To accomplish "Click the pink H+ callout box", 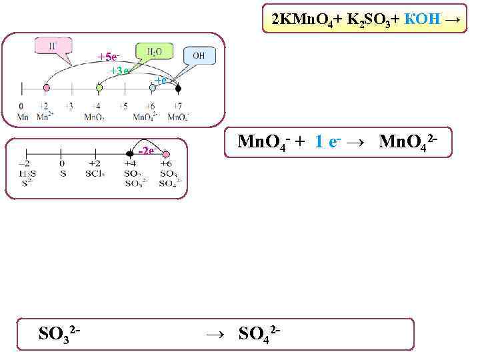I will pos(53,46).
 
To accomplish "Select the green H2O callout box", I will pos(153,51).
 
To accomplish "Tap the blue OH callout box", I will pos(198,55).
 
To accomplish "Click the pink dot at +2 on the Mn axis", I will pos(47,87).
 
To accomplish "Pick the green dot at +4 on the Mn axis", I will pos(99,87).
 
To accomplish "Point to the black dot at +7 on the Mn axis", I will pos(178,87).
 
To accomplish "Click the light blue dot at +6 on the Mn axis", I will pos(153,87).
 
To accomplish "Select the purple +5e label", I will pos(109,57).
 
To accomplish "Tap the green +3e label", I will pos(120,71).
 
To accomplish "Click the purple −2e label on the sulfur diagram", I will pos(146,150).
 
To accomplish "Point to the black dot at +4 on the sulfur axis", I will pos(129,155).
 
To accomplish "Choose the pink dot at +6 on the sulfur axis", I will pos(166,155).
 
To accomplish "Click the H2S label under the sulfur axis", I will pos(24,174).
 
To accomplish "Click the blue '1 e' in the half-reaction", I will pos(328,141).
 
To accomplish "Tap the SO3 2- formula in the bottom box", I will pos(60,331).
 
